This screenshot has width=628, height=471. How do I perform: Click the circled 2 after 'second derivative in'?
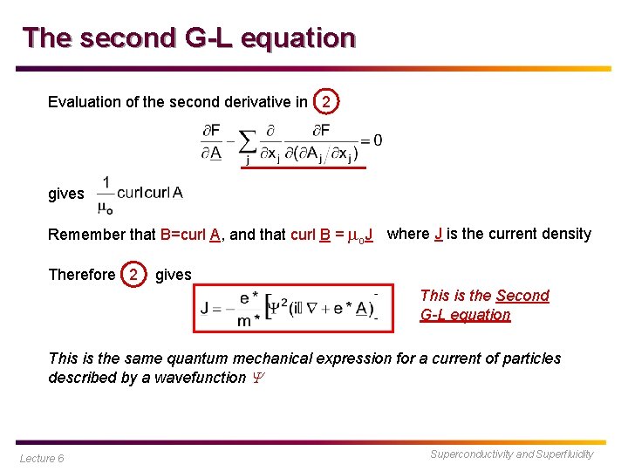point(325,102)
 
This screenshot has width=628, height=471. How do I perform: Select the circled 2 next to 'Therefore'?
point(133,275)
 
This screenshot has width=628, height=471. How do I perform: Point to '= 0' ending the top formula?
point(371,140)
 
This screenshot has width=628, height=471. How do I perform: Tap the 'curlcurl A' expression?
point(149,193)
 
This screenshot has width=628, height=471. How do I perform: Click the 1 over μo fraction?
point(105,194)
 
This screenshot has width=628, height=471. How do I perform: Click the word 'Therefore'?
point(81,275)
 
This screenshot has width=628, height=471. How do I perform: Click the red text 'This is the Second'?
point(484,296)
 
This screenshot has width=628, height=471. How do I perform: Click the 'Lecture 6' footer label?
point(42,458)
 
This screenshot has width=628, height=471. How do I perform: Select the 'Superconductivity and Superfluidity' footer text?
point(511,454)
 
